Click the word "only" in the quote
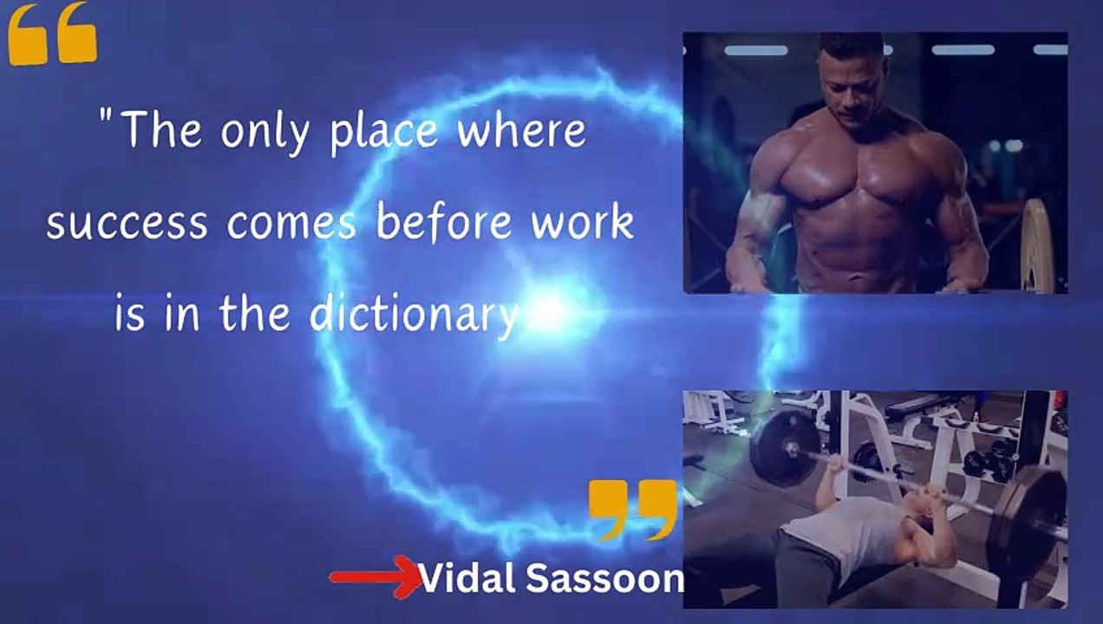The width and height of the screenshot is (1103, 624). [265, 132]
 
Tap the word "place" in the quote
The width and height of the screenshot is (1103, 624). [383, 133]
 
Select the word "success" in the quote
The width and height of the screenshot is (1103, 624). [127, 224]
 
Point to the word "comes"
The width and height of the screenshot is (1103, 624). [291, 224]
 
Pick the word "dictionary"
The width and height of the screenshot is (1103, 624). [414, 315]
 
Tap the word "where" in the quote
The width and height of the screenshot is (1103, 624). [521, 129]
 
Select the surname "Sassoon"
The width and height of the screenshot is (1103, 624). [605, 579]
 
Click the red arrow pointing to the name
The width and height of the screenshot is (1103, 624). [375, 576]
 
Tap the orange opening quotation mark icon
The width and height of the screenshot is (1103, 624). [53, 34]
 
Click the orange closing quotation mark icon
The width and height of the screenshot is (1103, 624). [633, 510]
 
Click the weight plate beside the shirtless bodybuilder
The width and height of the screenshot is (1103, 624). [1036, 246]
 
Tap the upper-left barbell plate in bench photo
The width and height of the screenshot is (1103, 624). [786, 447]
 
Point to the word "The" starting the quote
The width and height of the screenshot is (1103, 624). [162, 129]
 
